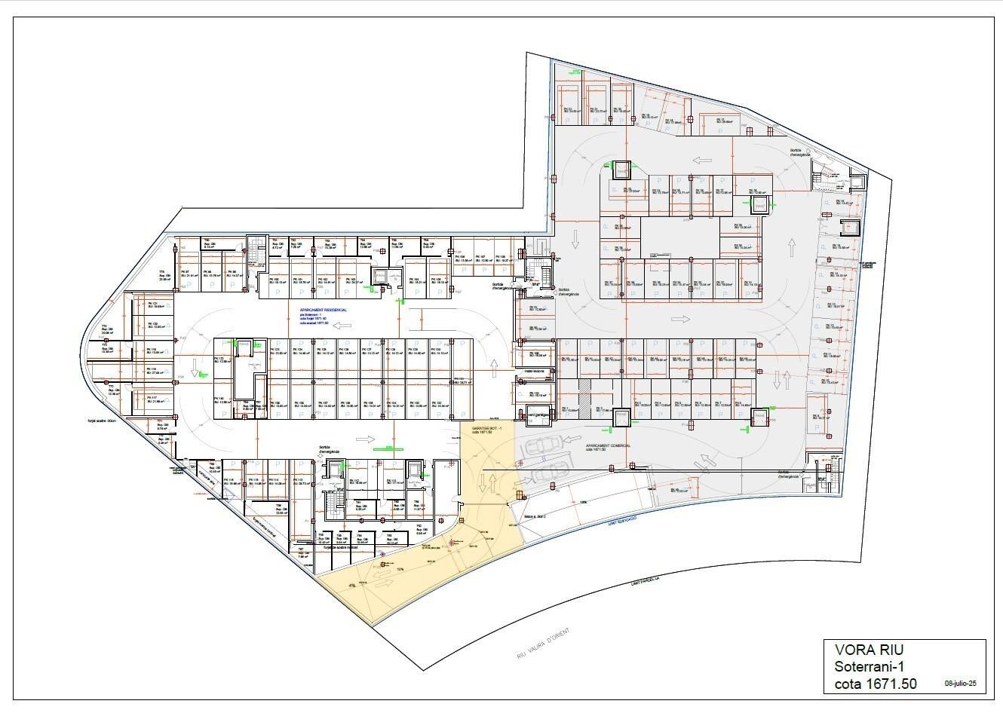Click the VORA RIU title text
pos(869,650)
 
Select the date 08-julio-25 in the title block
pos(961,684)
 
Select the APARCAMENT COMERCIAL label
pos(609,445)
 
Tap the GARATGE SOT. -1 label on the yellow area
pos(482,427)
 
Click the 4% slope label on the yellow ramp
pos(352,584)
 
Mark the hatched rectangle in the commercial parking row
pos(584,392)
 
